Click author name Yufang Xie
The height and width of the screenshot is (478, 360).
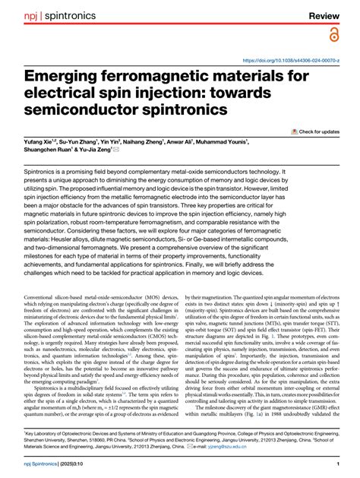(43, 142)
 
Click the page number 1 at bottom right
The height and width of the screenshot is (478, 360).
(336, 464)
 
